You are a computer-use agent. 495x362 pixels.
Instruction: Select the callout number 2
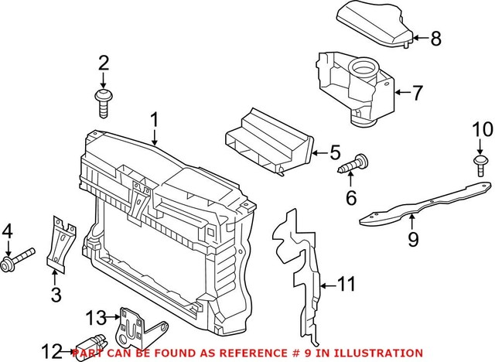(103, 63)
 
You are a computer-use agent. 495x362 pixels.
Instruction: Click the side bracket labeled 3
(58, 244)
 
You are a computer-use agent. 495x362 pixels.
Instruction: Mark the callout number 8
(435, 37)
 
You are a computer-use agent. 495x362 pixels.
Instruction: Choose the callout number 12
(51, 353)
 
